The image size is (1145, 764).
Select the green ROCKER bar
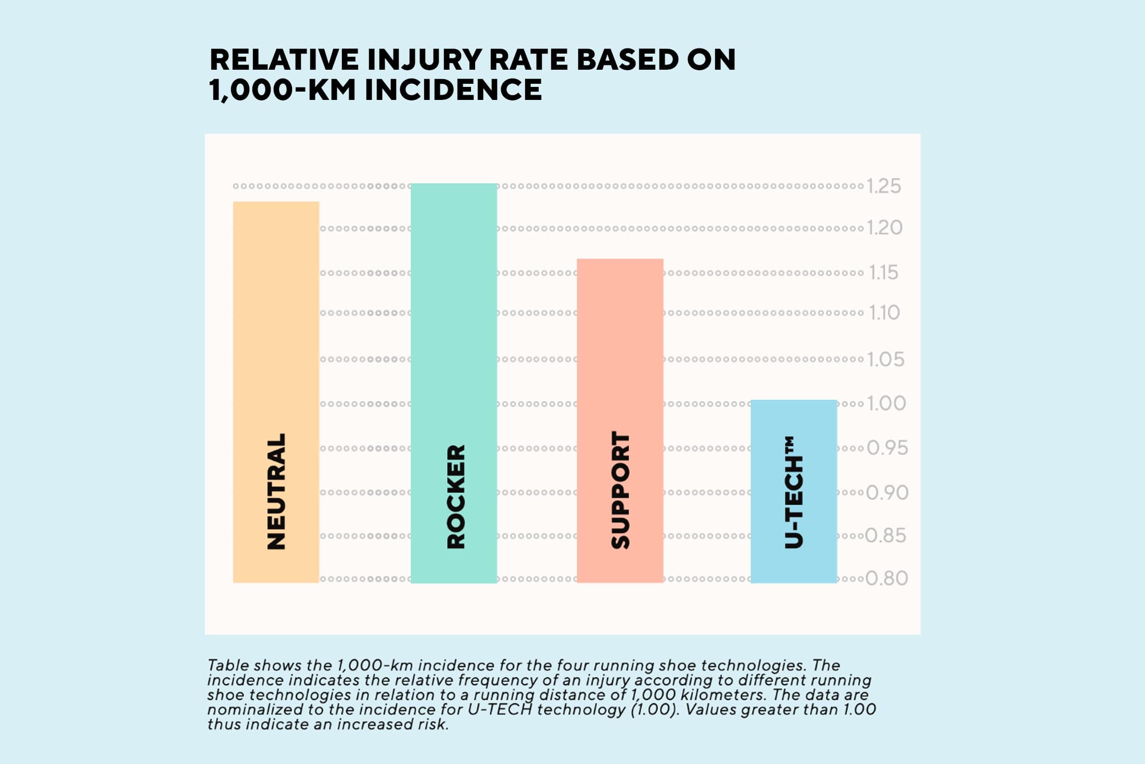(454, 312)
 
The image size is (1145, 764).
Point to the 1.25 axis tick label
(884, 186)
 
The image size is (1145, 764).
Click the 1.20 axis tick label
(884, 228)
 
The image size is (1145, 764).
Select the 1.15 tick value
(884, 273)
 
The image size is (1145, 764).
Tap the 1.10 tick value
(884, 313)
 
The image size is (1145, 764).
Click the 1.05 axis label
(885, 359)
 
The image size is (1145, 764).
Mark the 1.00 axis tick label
(886, 403)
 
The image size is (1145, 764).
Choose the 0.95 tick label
(887, 448)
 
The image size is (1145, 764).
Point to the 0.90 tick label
(887, 492)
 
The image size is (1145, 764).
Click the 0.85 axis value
(886, 536)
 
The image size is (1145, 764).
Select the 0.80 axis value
(886, 578)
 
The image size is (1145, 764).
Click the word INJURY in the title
(424, 59)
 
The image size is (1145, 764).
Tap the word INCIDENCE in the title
(453, 90)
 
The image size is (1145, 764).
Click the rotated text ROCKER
(456, 496)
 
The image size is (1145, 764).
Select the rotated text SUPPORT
(620, 490)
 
